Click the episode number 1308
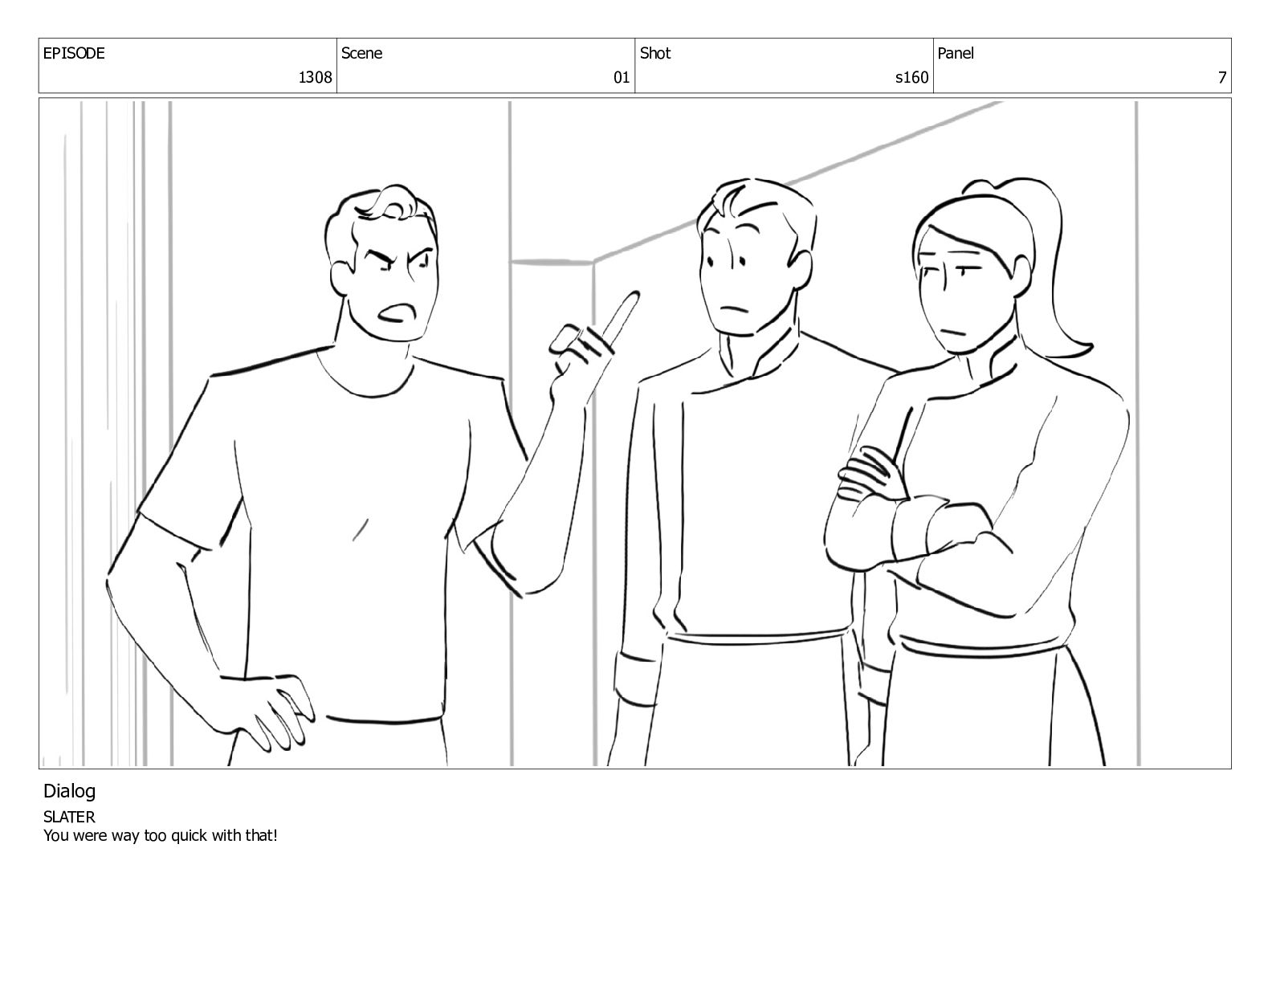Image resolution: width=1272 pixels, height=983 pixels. click(315, 77)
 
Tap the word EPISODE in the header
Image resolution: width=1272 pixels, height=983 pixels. click(74, 53)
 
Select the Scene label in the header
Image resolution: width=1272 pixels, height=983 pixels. click(361, 53)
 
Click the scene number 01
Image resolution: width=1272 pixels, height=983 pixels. click(621, 77)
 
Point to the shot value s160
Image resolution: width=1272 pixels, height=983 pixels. click(911, 77)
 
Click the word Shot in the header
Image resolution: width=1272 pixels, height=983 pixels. click(654, 53)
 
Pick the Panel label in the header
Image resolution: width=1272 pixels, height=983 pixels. click(956, 53)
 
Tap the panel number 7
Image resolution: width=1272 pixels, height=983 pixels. click(1221, 77)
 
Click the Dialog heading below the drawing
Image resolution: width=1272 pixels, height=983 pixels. click(69, 792)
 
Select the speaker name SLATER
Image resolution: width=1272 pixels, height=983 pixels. click(69, 817)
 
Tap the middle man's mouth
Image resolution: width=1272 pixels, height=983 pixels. click(732, 308)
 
